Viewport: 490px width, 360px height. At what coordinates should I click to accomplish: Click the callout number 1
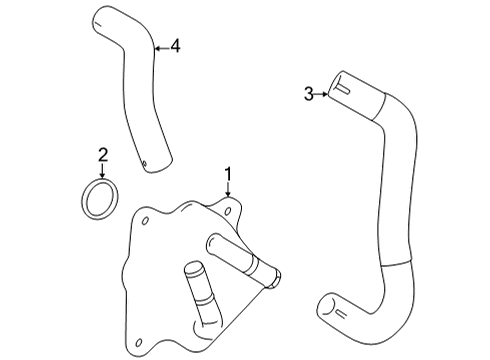pyautogui.click(x=228, y=176)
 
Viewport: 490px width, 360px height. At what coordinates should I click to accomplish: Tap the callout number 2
pyautogui.click(x=102, y=154)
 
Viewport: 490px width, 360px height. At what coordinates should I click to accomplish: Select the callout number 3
pyautogui.click(x=309, y=94)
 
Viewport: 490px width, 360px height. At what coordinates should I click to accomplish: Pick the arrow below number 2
pyautogui.click(x=102, y=170)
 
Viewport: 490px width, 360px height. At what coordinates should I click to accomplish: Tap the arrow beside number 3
pyautogui.click(x=323, y=94)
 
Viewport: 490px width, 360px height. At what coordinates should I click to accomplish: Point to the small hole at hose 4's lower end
pyautogui.click(x=146, y=166)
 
